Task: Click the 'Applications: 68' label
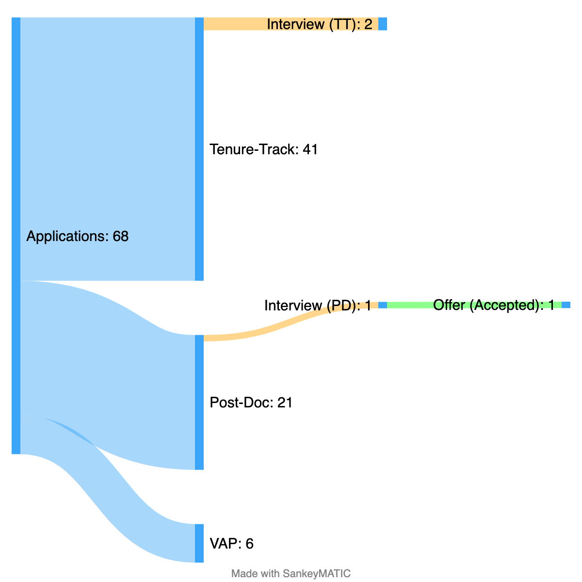tap(78, 236)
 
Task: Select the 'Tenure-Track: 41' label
tap(263, 149)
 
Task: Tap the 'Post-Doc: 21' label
tap(251, 403)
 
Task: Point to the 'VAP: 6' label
tap(231, 544)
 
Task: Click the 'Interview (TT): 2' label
tap(319, 24)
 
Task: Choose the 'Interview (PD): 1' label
tap(318, 306)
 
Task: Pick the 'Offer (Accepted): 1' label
tap(494, 305)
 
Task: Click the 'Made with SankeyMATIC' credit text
tap(291, 573)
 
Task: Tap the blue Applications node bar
tap(16, 236)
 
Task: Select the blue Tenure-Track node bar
tap(199, 149)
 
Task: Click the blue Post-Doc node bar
tap(199, 402)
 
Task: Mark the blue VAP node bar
tap(199, 543)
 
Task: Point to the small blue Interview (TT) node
tap(383, 24)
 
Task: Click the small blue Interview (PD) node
tap(383, 305)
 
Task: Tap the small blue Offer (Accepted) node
tap(566, 305)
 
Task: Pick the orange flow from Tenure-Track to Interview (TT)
tap(233, 24)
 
